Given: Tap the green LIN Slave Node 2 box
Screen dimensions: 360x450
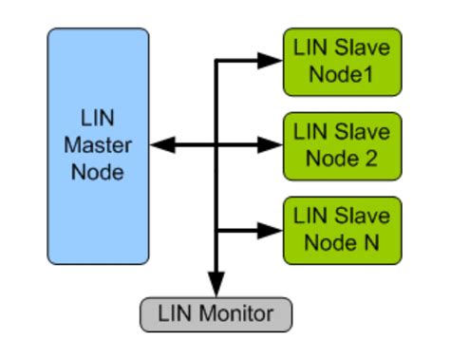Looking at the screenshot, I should pos(342,145).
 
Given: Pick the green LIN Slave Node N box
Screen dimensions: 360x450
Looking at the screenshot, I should pos(342,230).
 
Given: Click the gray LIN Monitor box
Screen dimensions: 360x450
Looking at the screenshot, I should pos(216,313).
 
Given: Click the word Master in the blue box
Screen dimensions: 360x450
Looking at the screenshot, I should pos(98,146).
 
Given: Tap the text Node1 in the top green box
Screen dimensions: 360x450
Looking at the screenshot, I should pos(342,73).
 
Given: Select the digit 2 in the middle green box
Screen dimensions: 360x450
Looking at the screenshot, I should pos(372,158).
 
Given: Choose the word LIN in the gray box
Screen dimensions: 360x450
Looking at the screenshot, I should pos(176,313).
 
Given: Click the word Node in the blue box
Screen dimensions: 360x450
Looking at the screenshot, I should pos(98,172).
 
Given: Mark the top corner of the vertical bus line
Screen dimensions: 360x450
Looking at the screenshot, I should pos(217,62).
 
